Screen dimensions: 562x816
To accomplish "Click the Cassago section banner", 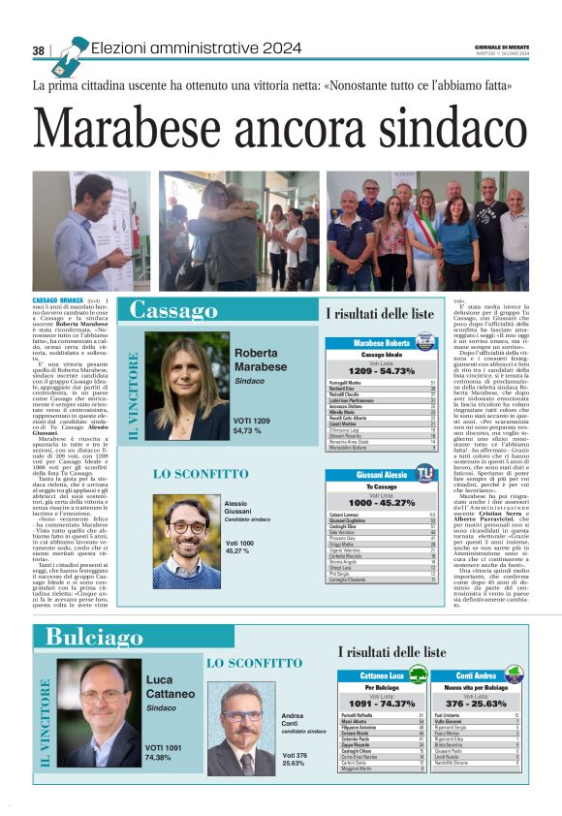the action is pos(174,310).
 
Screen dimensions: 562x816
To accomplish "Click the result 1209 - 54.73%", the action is pos(381,370).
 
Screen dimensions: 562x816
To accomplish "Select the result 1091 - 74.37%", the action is pos(381,703).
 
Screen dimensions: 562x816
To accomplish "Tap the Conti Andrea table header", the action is pos(477,675).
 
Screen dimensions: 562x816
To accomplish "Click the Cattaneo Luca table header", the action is pos(381,675).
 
